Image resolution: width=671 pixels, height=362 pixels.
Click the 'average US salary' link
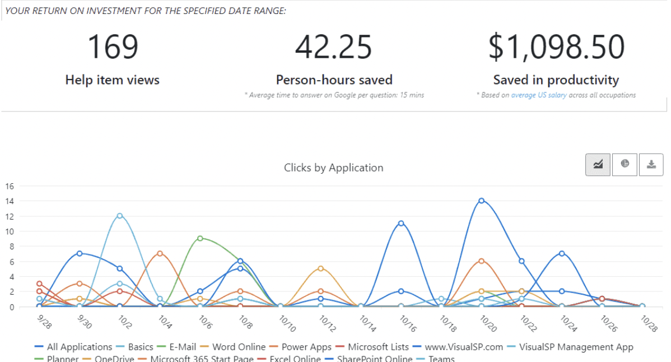(x=538, y=95)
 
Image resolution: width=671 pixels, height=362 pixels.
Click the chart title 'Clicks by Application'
(x=333, y=168)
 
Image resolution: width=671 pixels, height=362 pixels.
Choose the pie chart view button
(x=625, y=164)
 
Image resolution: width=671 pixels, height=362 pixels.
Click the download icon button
(x=651, y=164)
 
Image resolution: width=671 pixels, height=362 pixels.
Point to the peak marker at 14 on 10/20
(x=481, y=201)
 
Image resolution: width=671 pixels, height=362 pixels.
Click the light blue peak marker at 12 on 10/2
(x=119, y=216)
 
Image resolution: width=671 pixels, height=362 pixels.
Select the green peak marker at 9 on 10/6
(x=200, y=238)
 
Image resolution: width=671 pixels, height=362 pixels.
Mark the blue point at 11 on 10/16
(x=401, y=223)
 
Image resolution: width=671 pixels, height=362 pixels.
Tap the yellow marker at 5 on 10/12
(x=320, y=268)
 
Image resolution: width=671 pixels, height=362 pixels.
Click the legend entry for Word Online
(x=236, y=347)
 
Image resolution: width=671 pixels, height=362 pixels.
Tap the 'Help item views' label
(x=113, y=80)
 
